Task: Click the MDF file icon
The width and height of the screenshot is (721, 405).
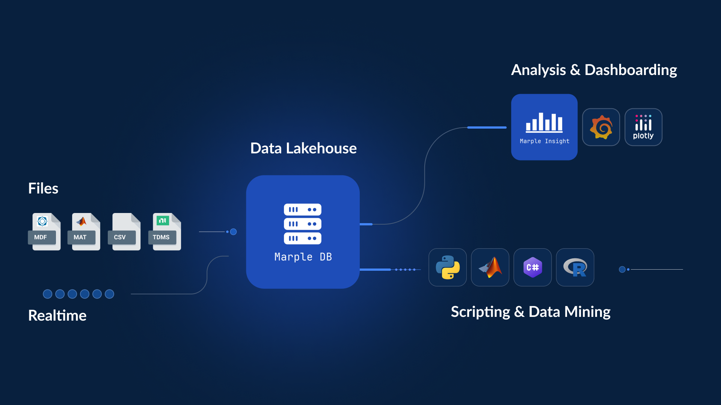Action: coord(45,231)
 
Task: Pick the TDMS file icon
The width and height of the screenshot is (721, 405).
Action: coord(165,231)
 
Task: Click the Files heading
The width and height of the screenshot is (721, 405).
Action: coord(43,188)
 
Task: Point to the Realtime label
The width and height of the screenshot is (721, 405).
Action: coord(57,315)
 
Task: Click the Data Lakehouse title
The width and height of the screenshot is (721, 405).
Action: coord(303,148)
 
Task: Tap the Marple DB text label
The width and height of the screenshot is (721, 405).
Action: coord(303,257)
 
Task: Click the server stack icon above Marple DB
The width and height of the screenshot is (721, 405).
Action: coord(303,224)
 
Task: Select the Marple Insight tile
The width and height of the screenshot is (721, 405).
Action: coord(544,127)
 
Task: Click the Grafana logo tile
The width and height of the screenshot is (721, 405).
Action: coord(601,127)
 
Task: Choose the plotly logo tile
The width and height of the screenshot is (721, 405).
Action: coord(643,127)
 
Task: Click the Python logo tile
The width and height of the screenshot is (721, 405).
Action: coord(448,267)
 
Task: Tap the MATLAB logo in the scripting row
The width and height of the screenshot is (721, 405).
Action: coord(490,267)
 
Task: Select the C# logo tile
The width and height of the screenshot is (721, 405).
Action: coord(532,267)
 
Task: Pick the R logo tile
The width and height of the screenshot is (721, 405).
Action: coord(575,267)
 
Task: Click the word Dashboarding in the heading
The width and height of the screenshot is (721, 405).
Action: coord(630,70)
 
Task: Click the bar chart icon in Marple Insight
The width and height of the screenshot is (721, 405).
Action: coord(544,122)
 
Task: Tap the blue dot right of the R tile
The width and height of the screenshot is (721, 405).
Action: coord(622,269)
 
